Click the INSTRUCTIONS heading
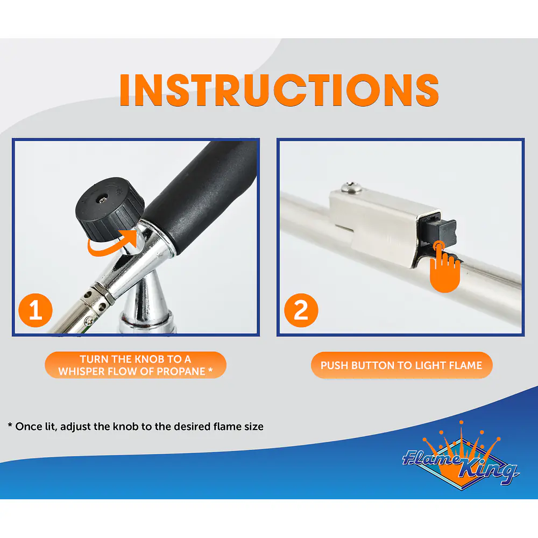click(279, 89)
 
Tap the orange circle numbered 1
click(36, 310)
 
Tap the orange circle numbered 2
click(301, 310)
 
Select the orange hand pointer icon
click(445, 267)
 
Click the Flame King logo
click(461, 455)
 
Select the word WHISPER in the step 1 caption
click(80, 371)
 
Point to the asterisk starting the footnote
click(10, 425)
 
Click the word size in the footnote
click(254, 427)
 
